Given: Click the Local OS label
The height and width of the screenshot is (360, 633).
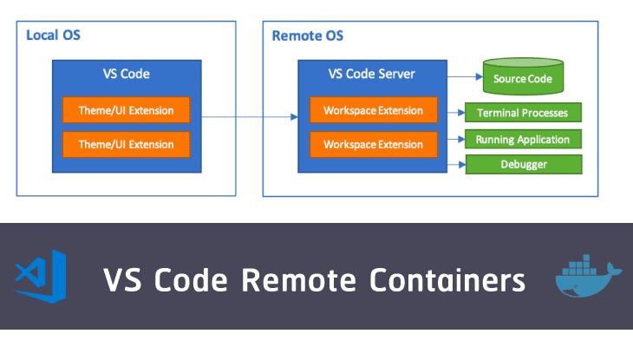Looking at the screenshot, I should tap(54, 36).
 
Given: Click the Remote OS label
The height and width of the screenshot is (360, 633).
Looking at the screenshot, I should tap(307, 36).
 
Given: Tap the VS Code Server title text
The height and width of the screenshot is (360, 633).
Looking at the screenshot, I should tap(372, 74).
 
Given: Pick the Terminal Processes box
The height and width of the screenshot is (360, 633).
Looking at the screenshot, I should tap(523, 112).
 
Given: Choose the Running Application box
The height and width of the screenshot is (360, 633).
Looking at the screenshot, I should tap(523, 139).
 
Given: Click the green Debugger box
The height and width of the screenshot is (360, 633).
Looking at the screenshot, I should tap(523, 164).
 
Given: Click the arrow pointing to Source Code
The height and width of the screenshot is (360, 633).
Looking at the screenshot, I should tap(464, 76).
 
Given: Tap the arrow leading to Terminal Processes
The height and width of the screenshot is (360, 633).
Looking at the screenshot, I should tap(456, 112).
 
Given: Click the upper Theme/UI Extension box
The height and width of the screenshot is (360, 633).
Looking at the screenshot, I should tap(126, 110).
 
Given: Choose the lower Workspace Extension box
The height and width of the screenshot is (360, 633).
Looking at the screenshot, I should tap(373, 144).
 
